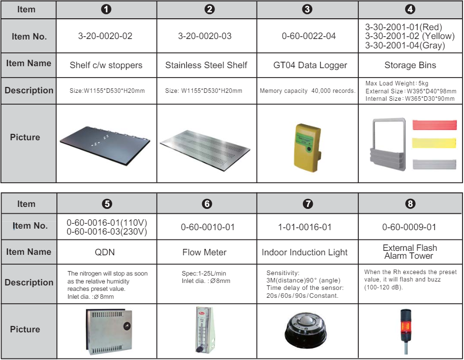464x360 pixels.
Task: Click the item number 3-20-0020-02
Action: [x=105, y=36]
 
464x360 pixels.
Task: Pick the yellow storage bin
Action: [x=433, y=144]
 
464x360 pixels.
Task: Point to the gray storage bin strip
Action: [x=433, y=164]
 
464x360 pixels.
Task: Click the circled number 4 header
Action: [x=410, y=9]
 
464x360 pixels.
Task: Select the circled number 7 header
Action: [x=307, y=203]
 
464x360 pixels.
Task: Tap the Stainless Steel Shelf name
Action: [x=206, y=65]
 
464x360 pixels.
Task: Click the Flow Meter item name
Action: [x=205, y=252]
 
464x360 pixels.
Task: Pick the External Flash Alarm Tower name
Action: [x=410, y=251]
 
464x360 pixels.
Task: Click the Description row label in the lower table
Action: [x=29, y=282]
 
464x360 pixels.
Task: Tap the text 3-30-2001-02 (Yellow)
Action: [x=409, y=36]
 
